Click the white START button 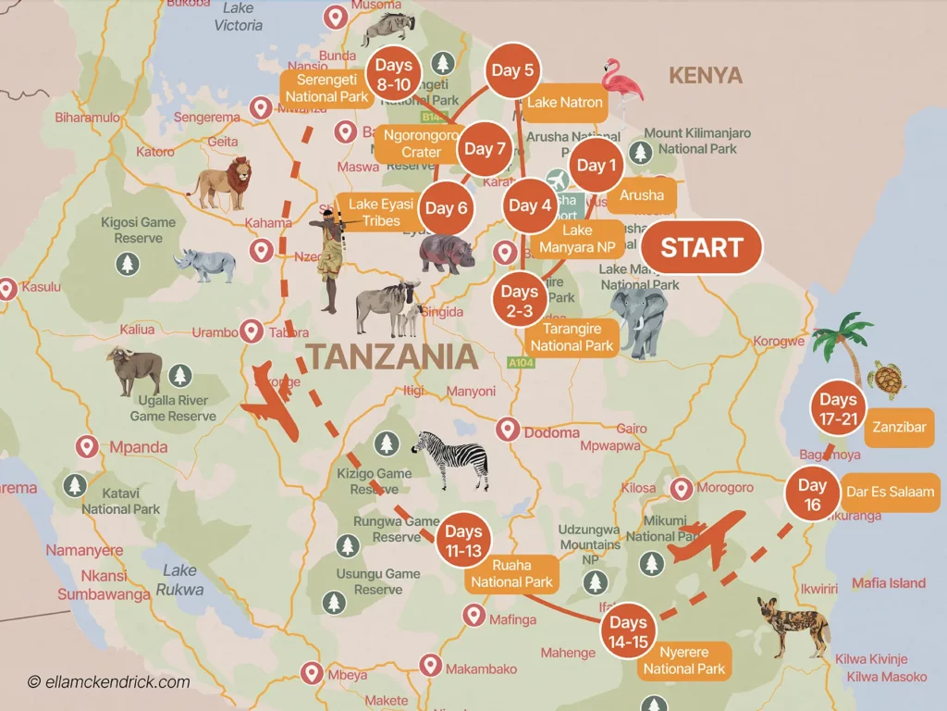(702, 248)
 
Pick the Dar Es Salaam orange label (890, 492)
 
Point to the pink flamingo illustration (621, 87)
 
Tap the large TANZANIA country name (392, 357)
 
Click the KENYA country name (706, 75)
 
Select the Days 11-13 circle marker (462, 540)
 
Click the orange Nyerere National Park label (683, 660)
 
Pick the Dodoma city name (551, 432)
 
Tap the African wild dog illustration (793, 624)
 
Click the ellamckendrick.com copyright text (108, 682)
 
